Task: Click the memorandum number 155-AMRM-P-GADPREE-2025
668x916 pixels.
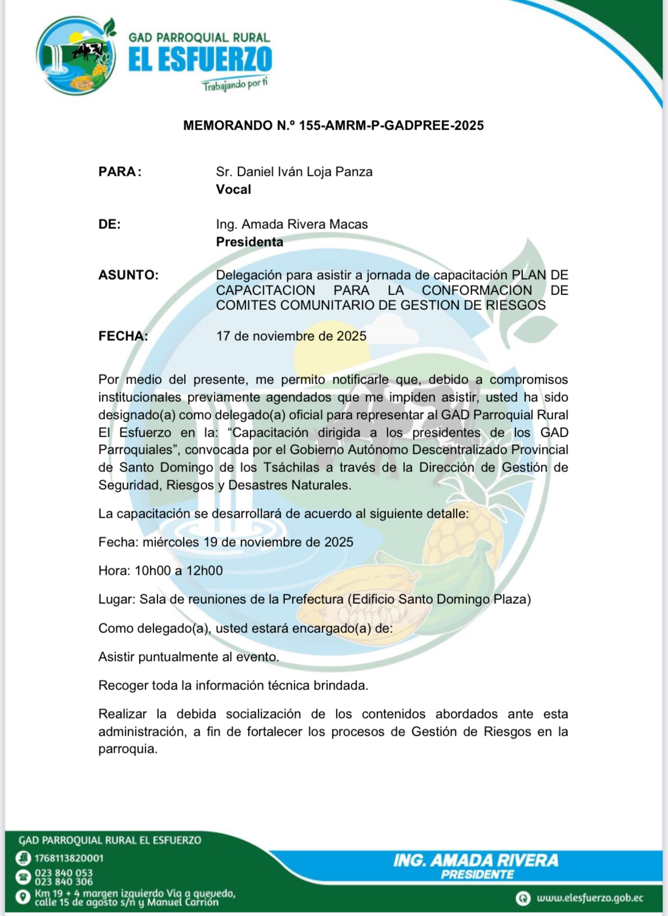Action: click(391, 126)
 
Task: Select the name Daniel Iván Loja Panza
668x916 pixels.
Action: click(304, 172)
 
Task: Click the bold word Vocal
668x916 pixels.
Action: click(234, 189)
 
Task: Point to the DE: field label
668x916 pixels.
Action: click(110, 224)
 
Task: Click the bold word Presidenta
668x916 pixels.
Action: click(250, 242)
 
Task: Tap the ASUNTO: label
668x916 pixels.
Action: click(128, 275)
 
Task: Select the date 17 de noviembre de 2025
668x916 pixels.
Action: click(291, 336)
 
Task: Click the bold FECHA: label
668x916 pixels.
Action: click(123, 336)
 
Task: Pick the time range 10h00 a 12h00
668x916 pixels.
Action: click(179, 571)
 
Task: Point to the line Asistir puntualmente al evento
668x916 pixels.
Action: click(188, 657)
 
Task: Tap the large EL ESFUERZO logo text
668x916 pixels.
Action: click(200, 60)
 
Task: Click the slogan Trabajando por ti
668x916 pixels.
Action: click(235, 84)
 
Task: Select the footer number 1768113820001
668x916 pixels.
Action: click(69, 858)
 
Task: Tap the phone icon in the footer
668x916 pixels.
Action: click(23, 877)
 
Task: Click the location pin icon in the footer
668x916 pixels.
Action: click(23, 897)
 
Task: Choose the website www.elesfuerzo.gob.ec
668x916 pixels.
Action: click(590, 898)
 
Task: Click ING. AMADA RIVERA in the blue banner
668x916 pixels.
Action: click(476, 861)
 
